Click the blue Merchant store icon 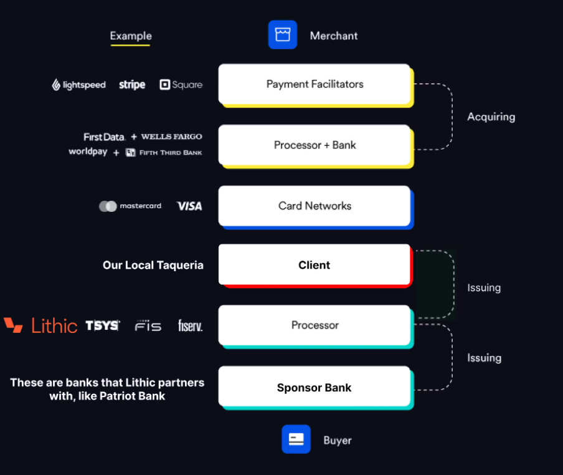point(283,35)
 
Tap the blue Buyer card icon point(296,439)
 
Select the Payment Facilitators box point(315,84)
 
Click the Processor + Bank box point(315,145)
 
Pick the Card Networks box point(315,206)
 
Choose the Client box point(315,265)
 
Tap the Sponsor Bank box point(315,388)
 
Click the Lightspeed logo point(78,85)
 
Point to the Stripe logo point(132,85)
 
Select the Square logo point(181,85)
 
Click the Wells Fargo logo point(171,137)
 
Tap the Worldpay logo point(88,151)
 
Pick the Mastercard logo point(130,206)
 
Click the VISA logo point(189,206)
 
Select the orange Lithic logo point(41,325)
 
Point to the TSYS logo point(102,325)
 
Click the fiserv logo point(190,325)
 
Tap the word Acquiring point(491,117)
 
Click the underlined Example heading point(131,36)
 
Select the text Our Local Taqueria point(153,265)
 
